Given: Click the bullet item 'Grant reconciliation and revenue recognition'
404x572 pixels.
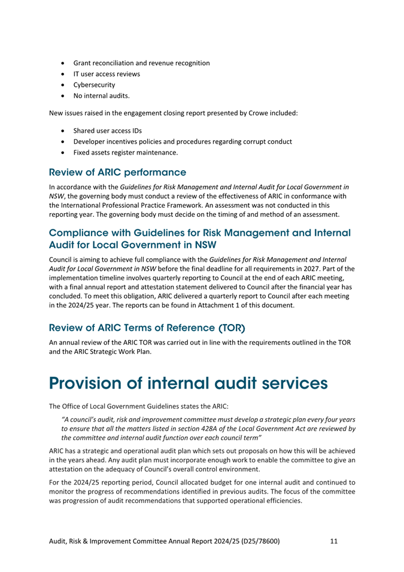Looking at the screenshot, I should coord(141,62).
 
